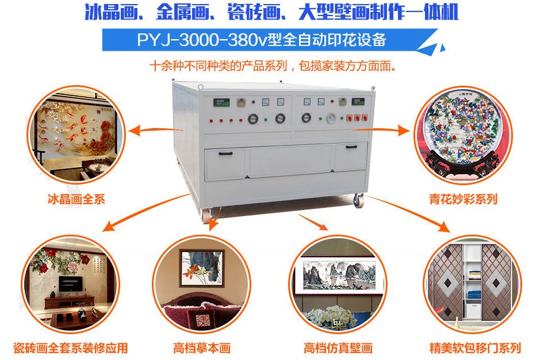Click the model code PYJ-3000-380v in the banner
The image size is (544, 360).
point(202,40)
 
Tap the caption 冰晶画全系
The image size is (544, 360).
point(76,199)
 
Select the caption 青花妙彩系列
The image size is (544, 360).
point(463,199)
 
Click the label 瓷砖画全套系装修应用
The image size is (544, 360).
point(70,348)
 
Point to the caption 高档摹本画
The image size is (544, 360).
point(202,348)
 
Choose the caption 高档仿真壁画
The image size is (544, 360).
point(338,348)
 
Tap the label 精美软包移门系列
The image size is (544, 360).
point(475,348)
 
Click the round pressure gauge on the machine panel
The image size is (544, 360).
point(331,118)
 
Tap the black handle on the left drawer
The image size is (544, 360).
point(225,154)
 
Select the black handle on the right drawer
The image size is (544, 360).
point(351,147)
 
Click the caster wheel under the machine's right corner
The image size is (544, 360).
point(358,201)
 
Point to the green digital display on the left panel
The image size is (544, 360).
point(221,102)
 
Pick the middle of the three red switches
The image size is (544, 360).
point(357,118)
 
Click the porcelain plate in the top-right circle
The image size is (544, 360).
point(462,127)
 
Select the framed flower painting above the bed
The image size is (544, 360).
point(202,267)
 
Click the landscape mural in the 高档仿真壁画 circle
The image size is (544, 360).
point(339,275)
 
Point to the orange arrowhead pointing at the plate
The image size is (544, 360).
point(404,131)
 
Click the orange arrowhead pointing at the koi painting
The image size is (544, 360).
point(135,131)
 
